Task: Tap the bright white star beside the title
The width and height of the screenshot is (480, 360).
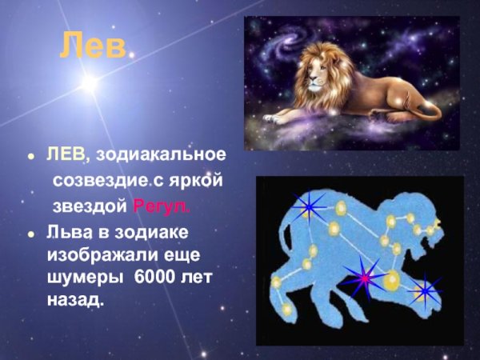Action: coord(89,82)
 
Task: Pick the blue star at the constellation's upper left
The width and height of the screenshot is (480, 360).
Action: coord(307,208)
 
